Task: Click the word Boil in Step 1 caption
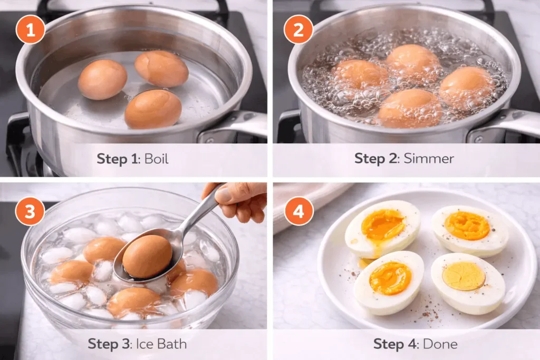click(157, 159)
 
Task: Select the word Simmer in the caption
click(429, 159)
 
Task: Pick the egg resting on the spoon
click(147, 257)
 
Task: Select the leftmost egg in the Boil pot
click(102, 80)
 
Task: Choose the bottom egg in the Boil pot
click(153, 109)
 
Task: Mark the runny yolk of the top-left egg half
click(382, 224)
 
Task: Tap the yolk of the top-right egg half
click(467, 226)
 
